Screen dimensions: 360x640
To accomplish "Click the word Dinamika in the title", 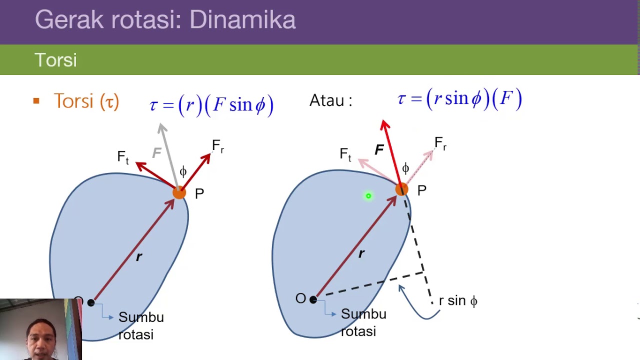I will pyautogui.click(x=242, y=20).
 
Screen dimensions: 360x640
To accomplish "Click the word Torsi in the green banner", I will pyautogui.click(x=55, y=60).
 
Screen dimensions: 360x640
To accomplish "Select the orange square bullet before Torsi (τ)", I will pyautogui.click(x=36, y=101).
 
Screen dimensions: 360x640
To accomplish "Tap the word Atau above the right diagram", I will pyautogui.click(x=327, y=100).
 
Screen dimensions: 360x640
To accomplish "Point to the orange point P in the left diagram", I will pyautogui.click(x=179, y=192).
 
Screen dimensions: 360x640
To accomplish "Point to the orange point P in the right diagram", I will pyautogui.click(x=401, y=189).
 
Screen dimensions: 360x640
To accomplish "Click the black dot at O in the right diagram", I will pyautogui.click(x=313, y=299).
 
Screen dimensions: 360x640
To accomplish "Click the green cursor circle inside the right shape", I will pyautogui.click(x=368, y=196).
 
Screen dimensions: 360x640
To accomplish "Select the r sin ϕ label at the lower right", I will pyautogui.click(x=457, y=301).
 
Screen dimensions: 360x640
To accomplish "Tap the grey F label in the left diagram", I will pyautogui.click(x=157, y=153).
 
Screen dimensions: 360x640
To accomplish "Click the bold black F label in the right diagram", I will pyautogui.click(x=379, y=149).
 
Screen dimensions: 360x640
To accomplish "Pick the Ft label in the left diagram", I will pyautogui.click(x=122, y=157).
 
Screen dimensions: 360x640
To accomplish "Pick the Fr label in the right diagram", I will pyautogui.click(x=440, y=144).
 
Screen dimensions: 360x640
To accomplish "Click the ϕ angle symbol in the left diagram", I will pyautogui.click(x=183, y=172).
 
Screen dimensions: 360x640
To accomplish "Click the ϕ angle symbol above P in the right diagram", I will pyautogui.click(x=405, y=168).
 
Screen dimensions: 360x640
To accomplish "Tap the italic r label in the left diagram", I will pyautogui.click(x=139, y=257).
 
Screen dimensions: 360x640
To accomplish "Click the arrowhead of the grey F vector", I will pyautogui.click(x=161, y=128).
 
